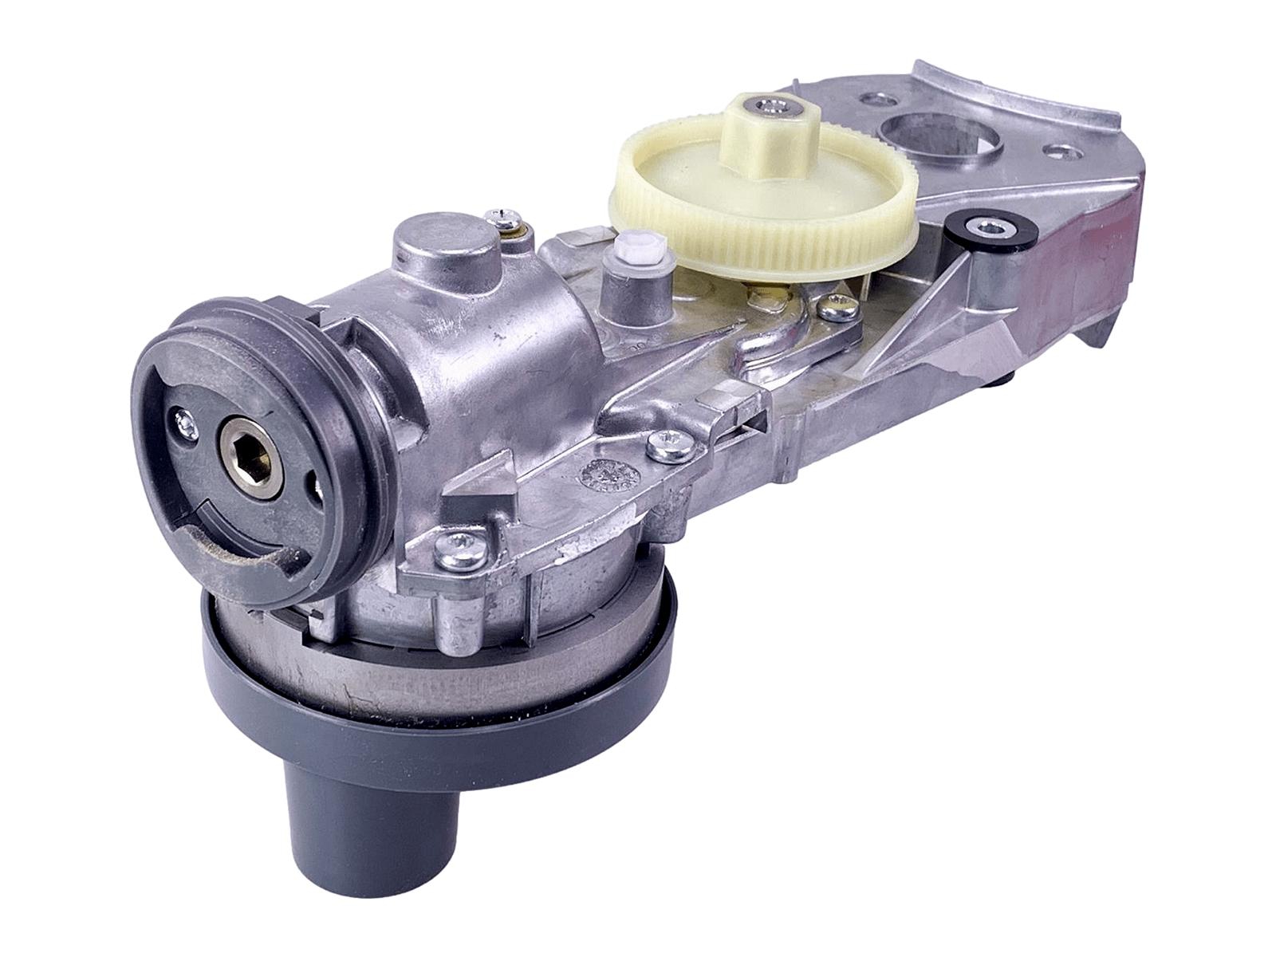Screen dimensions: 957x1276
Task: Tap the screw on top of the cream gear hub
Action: coord(767,104)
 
